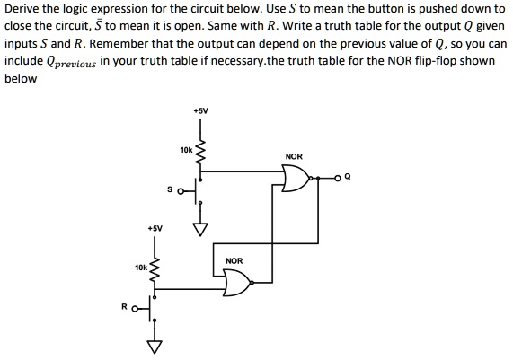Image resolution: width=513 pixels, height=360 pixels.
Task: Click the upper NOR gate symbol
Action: click(294, 180)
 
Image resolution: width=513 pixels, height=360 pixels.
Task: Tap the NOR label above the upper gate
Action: click(293, 157)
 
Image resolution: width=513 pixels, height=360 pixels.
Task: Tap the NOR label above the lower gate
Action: click(234, 261)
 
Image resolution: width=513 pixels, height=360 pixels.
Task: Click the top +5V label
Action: click(199, 110)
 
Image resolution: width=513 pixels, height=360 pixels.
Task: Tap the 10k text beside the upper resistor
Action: click(185, 149)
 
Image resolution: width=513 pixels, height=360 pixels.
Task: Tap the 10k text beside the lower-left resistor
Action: click(140, 268)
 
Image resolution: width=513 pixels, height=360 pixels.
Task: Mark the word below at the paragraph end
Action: click(21, 78)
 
